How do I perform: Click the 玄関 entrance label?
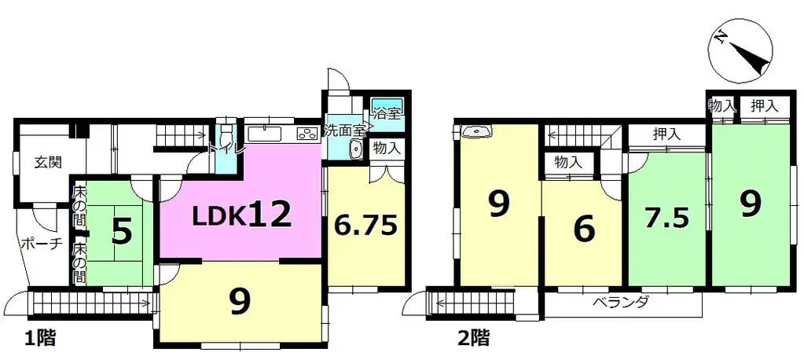pyautogui.click(x=47, y=163)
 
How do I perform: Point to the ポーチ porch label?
pyautogui.click(x=41, y=244)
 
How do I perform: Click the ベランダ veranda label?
pyautogui.click(x=621, y=303)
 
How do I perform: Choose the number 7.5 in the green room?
pyautogui.click(x=668, y=219)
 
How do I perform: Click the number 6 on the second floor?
pyautogui.click(x=583, y=230)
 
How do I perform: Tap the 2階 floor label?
pyautogui.click(x=474, y=339)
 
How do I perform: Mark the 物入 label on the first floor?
pyautogui.click(x=387, y=148)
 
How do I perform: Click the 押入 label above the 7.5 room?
pyautogui.click(x=666, y=135)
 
